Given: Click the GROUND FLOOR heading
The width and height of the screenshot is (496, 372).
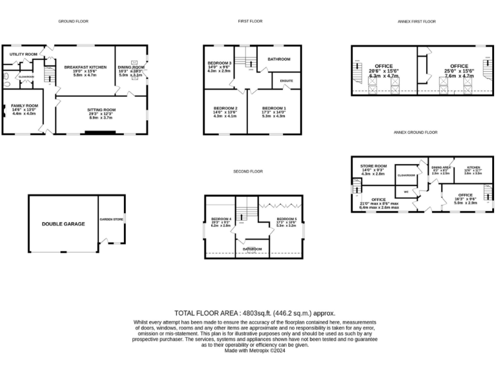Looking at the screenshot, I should point(73,21).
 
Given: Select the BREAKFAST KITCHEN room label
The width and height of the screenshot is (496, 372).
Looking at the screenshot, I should point(85,67).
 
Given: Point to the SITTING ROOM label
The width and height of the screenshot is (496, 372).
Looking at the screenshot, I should point(101,110).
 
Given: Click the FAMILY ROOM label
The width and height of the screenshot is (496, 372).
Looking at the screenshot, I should point(25,105).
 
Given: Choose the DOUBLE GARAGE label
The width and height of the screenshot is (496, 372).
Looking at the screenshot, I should point(63,223).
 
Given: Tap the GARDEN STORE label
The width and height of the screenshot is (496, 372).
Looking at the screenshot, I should point(111,220).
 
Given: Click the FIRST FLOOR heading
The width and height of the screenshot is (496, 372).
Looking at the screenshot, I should point(250,21).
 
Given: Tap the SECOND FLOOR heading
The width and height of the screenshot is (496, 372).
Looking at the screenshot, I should point(249,171).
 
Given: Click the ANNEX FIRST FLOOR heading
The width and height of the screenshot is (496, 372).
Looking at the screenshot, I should point(417,21).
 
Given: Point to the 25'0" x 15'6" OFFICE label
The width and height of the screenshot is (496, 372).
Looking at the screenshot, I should point(459,66).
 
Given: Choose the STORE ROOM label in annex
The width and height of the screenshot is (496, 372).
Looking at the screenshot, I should point(373,166).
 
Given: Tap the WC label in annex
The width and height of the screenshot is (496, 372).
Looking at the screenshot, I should point(406,192).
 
